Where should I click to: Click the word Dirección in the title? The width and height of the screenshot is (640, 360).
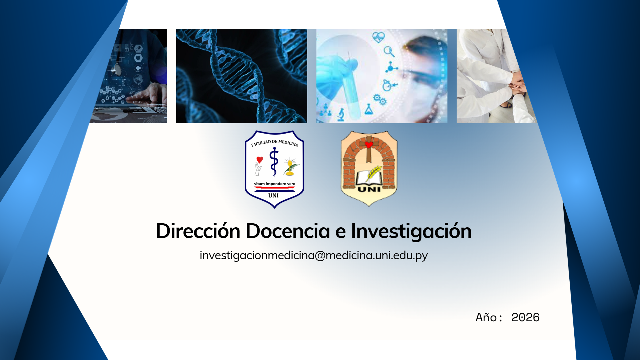198,231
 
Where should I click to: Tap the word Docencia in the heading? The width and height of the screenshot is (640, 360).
288,231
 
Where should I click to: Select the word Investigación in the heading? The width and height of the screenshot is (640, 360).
411,231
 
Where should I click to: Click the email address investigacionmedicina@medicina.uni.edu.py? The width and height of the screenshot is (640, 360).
314,255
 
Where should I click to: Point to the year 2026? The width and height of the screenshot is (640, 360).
525,317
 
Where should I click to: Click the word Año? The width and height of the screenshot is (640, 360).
486,317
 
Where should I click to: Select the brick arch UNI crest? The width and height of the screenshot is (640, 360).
369,168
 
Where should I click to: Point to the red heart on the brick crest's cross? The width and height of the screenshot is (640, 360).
369,145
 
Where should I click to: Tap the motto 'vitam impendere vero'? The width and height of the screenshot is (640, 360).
274,184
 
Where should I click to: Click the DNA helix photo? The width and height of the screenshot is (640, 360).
241,76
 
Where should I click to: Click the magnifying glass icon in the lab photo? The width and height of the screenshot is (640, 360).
389,52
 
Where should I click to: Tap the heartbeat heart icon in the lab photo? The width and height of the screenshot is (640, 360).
378,37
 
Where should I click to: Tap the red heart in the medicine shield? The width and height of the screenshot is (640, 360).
260,160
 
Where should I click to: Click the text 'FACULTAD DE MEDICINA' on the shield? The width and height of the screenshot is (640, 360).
274,143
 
